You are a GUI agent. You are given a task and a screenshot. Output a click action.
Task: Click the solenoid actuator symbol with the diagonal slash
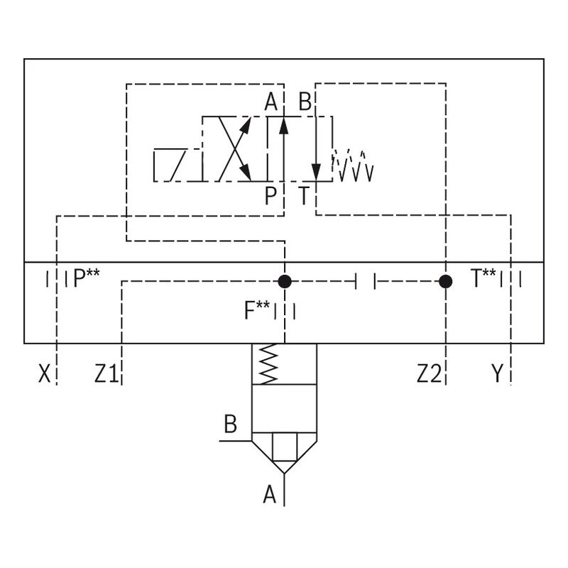point(177,165)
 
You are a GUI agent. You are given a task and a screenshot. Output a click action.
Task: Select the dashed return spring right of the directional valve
point(354,165)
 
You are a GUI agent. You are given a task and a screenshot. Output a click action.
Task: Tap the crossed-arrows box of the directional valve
point(234,148)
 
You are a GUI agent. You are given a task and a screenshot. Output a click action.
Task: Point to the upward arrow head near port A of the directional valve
point(283,126)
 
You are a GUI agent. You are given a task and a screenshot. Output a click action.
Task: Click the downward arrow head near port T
point(316,173)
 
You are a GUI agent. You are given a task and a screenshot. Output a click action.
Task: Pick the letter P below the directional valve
point(271,195)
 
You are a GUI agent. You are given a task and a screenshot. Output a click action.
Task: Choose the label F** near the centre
point(256,310)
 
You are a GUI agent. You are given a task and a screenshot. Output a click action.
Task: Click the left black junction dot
point(285,282)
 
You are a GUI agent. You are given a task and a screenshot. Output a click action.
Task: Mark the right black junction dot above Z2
point(445,282)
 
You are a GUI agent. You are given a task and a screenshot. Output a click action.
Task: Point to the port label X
point(44,373)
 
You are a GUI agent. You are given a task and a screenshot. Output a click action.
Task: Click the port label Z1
point(106,373)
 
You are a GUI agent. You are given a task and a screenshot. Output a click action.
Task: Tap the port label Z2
point(429,373)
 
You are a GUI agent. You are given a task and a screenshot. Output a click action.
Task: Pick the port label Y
point(498,373)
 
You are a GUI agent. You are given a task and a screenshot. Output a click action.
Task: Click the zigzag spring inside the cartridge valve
point(268,364)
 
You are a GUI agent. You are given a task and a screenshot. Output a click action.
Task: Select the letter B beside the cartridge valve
point(230,425)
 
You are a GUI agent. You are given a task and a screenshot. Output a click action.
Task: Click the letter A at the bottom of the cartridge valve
point(269,494)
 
